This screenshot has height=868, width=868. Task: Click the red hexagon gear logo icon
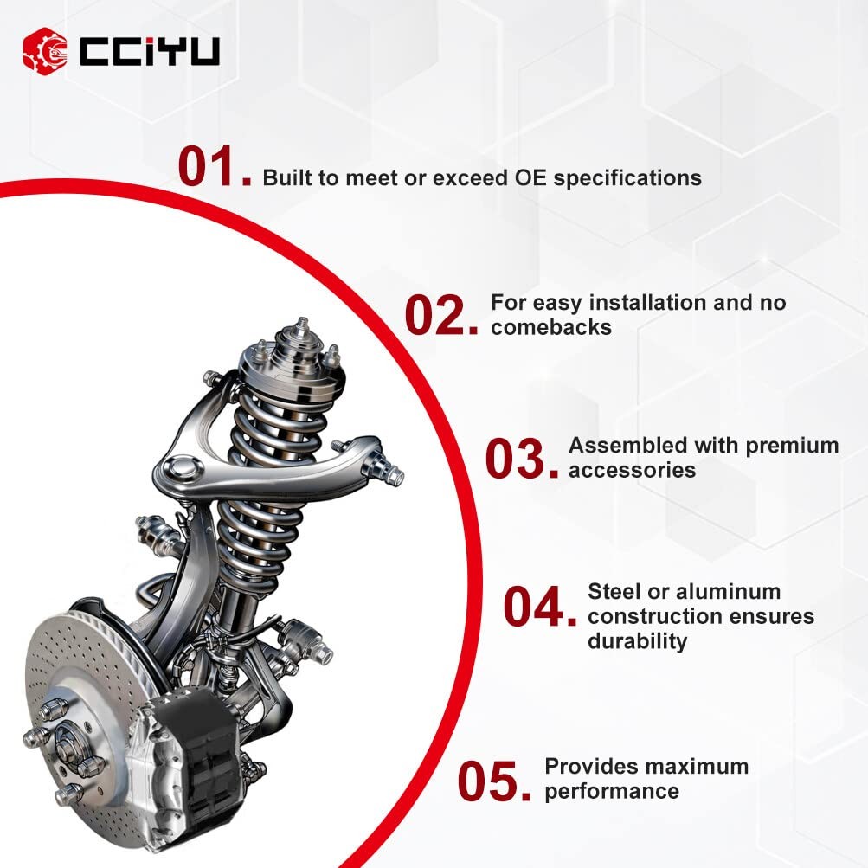pyautogui.click(x=45, y=51)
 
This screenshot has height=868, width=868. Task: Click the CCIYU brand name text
pyautogui.click(x=150, y=52)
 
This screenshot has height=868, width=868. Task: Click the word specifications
pyautogui.click(x=627, y=179)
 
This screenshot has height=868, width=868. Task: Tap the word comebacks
pyautogui.click(x=551, y=327)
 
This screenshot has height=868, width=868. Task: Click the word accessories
pyautogui.click(x=633, y=471)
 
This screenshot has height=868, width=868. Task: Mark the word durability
pyautogui.click(x=637, y=641)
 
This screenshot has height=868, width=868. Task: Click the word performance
pyautogui.click(x=612, y=792)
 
